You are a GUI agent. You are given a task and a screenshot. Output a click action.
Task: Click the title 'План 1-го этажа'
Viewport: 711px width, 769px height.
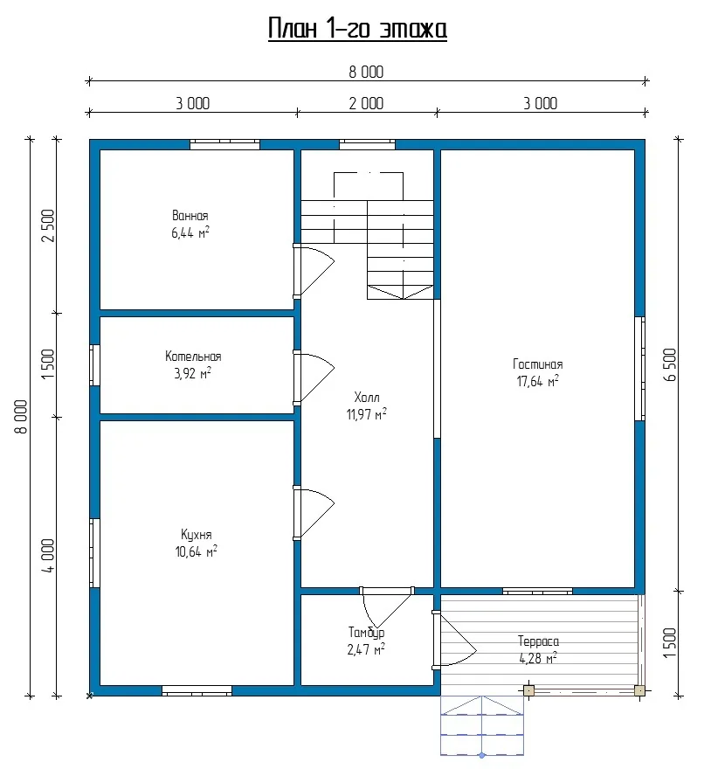point(357,29)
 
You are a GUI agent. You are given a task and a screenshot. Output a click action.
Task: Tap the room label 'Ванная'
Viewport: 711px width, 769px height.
point(190,216)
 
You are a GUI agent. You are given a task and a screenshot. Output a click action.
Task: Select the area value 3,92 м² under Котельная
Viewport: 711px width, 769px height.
point(193,374)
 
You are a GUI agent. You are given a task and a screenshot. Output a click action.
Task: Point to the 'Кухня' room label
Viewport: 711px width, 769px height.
point(197,535)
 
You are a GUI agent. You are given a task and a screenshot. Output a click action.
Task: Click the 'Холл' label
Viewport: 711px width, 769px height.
point(367,397)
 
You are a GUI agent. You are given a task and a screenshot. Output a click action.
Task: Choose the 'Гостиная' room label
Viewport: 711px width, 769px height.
point(537,364)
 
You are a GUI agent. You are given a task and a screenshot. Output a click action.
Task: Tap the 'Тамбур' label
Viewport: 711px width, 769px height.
point(366,633)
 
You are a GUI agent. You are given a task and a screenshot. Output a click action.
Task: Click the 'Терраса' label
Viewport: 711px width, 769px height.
point(538,641)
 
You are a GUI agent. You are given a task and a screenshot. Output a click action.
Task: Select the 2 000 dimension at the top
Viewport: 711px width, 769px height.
point(366,103)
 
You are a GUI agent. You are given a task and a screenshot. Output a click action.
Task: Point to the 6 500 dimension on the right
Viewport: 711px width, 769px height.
point(670,365)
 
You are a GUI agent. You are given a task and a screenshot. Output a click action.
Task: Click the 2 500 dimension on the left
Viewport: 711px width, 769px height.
point(48,226)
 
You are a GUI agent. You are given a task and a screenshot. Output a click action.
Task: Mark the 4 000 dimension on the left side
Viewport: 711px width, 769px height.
point(48,556)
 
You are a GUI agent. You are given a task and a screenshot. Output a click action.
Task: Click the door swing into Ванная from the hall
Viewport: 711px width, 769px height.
point(314,271)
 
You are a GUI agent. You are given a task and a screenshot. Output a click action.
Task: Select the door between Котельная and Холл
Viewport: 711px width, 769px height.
point(314,378)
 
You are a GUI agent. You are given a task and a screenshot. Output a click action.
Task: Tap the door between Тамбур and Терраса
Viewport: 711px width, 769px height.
point(454,640)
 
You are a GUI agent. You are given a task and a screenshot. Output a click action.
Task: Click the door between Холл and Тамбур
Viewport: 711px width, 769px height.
point(387,608)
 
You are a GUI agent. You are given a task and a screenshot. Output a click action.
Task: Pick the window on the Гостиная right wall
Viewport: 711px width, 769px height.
point(640,369)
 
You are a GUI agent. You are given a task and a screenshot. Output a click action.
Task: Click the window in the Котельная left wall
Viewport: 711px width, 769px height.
point(94,365)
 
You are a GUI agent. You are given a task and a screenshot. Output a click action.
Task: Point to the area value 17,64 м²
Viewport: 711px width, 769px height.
point(537,381)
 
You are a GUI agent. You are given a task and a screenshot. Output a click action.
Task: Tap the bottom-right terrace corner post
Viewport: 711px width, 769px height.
point(639,690)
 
